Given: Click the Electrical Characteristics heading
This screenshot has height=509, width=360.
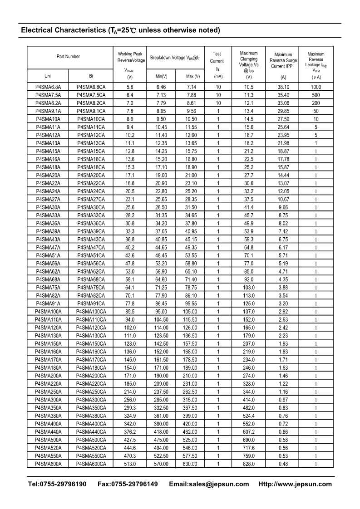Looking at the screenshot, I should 120,30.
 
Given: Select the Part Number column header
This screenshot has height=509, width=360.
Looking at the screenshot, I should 68,57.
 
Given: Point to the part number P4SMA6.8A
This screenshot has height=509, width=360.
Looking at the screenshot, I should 48,87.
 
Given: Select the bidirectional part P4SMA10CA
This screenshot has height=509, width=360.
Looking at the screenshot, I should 91,119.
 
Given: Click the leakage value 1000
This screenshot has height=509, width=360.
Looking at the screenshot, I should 316,87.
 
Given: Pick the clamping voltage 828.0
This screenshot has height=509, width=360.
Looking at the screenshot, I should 249,464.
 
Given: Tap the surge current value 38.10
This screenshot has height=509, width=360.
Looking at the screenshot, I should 283,87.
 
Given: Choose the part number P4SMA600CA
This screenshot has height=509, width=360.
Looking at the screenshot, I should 91,464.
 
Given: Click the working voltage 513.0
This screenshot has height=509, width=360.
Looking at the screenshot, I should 130,464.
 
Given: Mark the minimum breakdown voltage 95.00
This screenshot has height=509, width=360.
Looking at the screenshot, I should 161,312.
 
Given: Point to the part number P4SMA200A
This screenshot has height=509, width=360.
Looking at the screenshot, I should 48,376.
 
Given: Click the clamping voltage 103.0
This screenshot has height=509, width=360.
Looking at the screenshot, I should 249,288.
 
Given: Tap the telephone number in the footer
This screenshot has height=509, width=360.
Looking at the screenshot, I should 57,484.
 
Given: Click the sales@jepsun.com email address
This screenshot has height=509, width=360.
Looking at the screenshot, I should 209,484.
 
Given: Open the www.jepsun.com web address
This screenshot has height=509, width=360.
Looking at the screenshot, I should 295,484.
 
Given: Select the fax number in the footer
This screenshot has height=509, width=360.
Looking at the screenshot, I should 128,484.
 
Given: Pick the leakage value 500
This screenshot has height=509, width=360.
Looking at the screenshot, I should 316,95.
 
